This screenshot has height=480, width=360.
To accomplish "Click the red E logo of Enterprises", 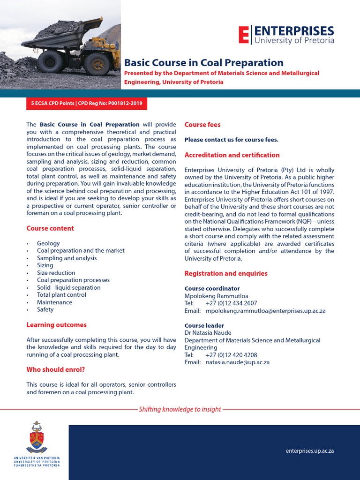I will click(244, 35).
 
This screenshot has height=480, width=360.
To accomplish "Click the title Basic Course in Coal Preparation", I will click(203, 63).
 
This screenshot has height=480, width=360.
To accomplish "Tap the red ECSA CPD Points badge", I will click(87, 103).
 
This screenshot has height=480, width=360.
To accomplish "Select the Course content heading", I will click(50, 228).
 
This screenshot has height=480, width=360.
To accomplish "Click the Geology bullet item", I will click(48, 243).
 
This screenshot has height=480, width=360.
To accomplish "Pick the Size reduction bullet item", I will click(56, 273).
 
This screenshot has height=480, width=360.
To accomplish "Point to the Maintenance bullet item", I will click(54, 302).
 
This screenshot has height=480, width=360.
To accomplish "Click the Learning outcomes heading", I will click(56, 325).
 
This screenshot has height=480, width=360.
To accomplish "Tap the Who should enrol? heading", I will click(55, 369).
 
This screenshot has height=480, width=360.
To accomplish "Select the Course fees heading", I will click(202, 125).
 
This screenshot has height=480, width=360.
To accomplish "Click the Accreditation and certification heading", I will click(232, 155).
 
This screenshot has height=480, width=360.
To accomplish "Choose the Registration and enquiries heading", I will click(226, 273).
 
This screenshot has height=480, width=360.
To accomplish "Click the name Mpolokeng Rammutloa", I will click(217, 296).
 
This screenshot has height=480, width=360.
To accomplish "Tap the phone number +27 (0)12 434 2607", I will click(231, 303).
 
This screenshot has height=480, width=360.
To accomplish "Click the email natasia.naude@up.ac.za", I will click(238, 362).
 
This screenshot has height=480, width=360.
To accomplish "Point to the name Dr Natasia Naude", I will click(208, 333).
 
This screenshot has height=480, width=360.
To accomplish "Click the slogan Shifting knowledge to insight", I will click(180, 409).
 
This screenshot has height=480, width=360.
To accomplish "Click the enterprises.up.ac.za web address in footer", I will click(310, 451).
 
